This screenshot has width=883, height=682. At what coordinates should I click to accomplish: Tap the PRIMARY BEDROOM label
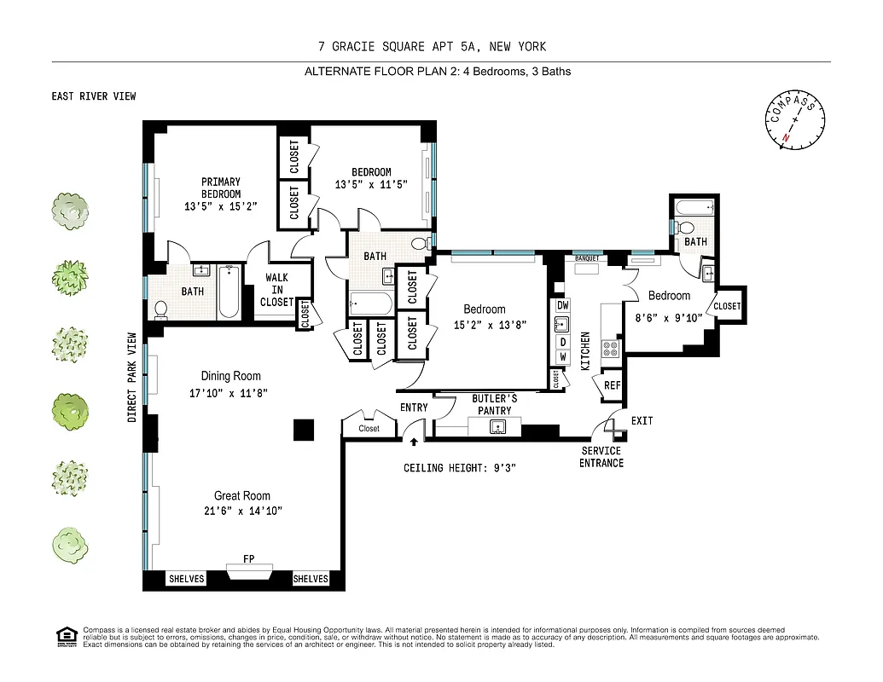[221, 188]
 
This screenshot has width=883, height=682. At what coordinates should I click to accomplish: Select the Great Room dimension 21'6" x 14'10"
[243, 511]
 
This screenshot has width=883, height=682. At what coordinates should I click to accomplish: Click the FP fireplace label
[249, 559]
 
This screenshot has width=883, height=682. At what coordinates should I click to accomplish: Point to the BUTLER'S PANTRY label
[495, 404]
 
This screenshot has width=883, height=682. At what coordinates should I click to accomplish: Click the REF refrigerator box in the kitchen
[612, 385]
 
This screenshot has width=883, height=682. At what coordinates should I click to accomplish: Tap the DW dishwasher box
[562, 305]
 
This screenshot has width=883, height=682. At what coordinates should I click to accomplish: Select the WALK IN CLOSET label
[276, 290]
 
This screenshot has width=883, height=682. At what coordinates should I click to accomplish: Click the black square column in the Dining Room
[304, 431]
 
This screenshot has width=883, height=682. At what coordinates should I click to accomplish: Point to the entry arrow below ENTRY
[414, 442]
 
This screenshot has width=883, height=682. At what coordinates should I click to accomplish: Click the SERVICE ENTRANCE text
[601, 457]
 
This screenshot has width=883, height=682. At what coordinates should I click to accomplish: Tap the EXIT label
[642, 421]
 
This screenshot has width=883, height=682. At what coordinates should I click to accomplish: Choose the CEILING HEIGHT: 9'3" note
[460, 468]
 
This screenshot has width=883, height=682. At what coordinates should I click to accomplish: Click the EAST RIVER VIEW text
[94, 96]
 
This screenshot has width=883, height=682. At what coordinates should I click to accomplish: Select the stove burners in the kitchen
[611, 348]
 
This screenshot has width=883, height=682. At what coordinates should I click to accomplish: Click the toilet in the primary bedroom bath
[160, 309]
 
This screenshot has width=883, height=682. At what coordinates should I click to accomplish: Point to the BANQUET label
[586, 257]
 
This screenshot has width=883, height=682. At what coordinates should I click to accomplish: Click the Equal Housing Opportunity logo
[66, 635]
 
